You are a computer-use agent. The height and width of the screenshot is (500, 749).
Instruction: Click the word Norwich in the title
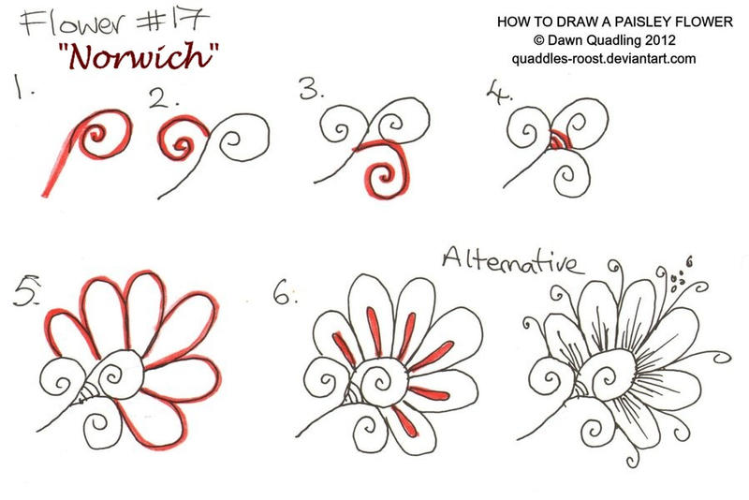click(140, 56)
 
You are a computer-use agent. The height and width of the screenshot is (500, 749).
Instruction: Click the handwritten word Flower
click(73, 22)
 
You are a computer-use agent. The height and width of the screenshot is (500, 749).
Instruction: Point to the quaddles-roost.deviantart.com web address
click(604, 59)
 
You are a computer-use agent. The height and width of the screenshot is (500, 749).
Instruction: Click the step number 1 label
click(22, 87)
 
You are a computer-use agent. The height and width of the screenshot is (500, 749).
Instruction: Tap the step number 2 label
click(162, 98)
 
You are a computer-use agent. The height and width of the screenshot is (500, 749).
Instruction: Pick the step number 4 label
click(498, 92)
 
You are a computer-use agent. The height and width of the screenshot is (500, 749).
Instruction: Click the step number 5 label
click(26, 290)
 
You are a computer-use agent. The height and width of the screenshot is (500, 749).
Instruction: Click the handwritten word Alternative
click(513, 260)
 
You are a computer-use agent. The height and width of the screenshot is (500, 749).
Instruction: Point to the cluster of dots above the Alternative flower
click(677, 281)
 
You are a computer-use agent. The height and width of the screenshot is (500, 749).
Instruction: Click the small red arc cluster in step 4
click(557, 140)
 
